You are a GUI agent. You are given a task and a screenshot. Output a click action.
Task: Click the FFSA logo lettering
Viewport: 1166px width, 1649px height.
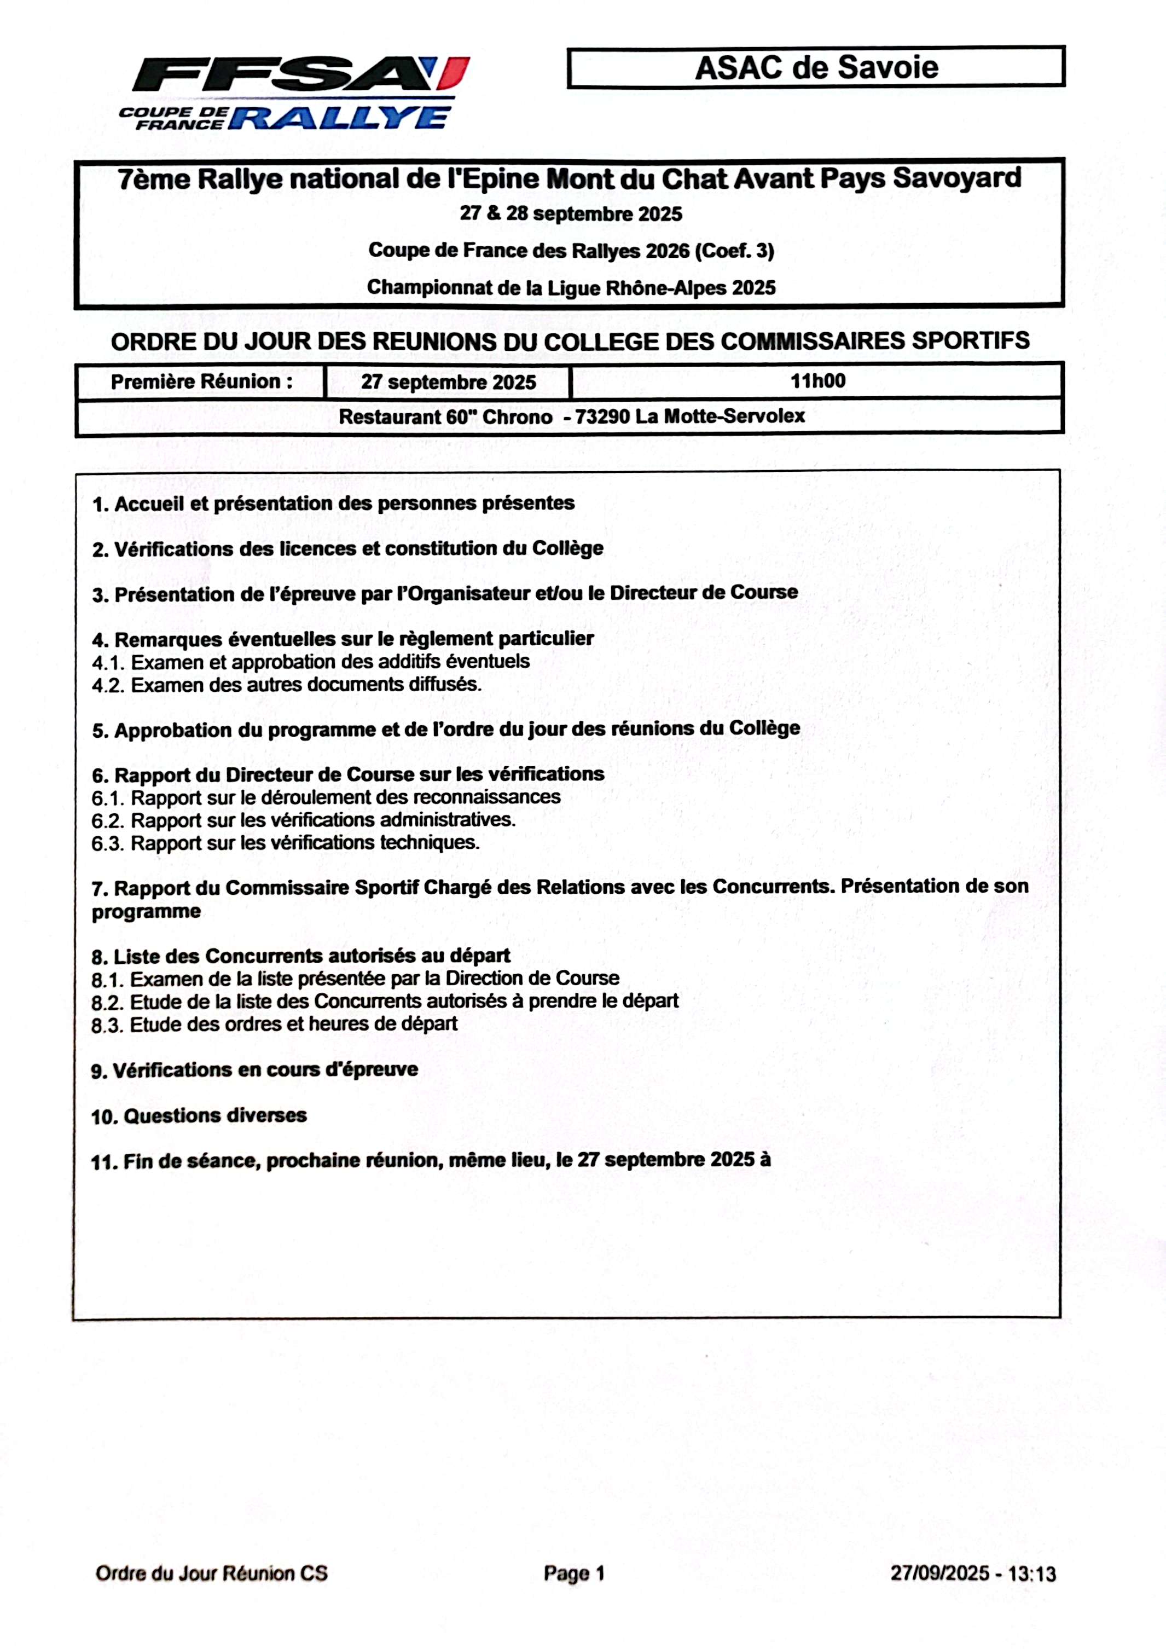pos(287,73)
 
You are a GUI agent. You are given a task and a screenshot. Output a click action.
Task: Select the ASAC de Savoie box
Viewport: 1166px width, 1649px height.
pos(816,67)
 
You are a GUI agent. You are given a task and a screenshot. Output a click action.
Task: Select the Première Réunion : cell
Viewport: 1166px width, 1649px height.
pos(201,381)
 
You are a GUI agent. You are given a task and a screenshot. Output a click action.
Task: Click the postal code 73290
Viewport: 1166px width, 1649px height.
pos(602,416)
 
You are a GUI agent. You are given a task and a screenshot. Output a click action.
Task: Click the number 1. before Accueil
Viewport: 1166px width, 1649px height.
pos(101,504)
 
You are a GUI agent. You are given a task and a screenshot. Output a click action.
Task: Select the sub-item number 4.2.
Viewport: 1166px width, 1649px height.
pos(108,685)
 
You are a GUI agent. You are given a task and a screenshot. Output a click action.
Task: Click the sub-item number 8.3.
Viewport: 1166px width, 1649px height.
pos(107,1025)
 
